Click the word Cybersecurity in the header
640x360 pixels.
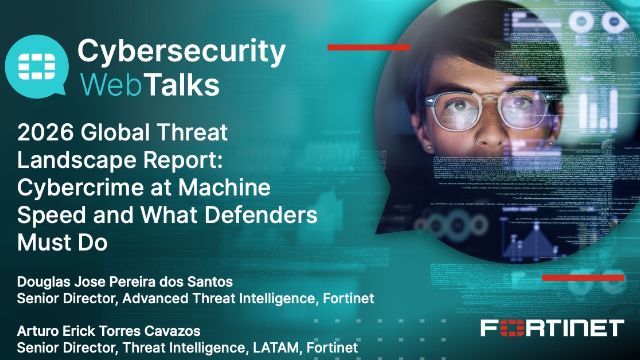181,52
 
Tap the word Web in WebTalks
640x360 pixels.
112,84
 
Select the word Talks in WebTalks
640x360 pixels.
183,84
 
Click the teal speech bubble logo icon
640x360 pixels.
36,66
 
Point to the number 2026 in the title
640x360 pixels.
46,133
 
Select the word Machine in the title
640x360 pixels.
224,187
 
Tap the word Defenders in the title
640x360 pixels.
261,215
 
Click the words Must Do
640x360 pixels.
62,242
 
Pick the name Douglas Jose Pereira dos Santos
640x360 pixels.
125,282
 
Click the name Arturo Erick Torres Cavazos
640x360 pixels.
109,331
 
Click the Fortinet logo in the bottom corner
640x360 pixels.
552,328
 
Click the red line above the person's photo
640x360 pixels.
369,47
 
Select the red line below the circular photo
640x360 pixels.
583,278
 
